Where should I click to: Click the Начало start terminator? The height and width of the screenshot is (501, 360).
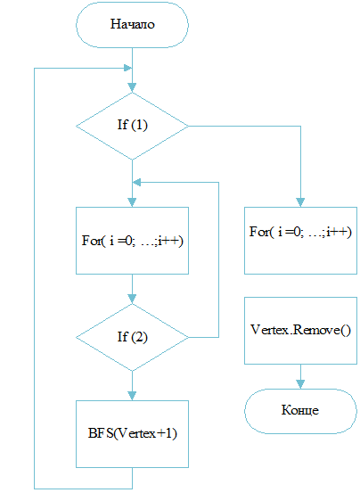[x=132, y=25]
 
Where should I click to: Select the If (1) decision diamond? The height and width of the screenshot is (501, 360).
[x=132, y=126]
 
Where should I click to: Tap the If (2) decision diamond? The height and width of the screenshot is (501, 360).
[x=132, y=337]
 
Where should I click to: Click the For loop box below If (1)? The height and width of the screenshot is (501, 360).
[x=132, y=241]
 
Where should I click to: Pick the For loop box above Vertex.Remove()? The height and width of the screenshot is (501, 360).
[x=300, y=241]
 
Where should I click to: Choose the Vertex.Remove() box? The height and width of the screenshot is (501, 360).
[x=300, y=331]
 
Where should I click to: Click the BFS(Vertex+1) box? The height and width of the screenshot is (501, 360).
[x=132, y=434]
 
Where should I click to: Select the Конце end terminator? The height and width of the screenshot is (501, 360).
[x=300, y=411]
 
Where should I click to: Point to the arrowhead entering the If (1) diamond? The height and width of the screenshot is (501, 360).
[x=132, y=88]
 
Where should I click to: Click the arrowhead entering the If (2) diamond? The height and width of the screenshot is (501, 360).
[x=132, y=299]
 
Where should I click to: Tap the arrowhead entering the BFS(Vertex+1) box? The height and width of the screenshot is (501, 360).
[x=132, y=396]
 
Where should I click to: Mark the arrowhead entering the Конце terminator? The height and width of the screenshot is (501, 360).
[x=300, y=384]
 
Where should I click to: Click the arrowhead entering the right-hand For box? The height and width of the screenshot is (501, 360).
[x=300, y=202]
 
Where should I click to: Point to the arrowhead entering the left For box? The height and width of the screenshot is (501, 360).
[x=132, y=202]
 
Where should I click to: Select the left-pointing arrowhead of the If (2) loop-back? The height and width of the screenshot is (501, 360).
[x=136, y=183]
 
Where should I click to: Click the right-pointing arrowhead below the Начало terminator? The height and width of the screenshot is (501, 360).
[x=127, y=68]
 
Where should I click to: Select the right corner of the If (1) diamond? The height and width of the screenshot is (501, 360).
[x=188, y=127]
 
